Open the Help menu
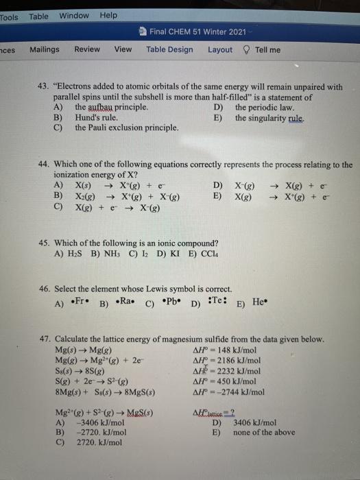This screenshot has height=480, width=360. tap(108, 15)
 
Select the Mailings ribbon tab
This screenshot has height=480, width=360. tap(45, 49)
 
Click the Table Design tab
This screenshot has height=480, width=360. tap(169, 49)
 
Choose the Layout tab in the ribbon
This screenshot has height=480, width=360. tap(220, 49)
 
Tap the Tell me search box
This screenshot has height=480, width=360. tap(267, 49)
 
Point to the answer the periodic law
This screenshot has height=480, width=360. tap(264, 108)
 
